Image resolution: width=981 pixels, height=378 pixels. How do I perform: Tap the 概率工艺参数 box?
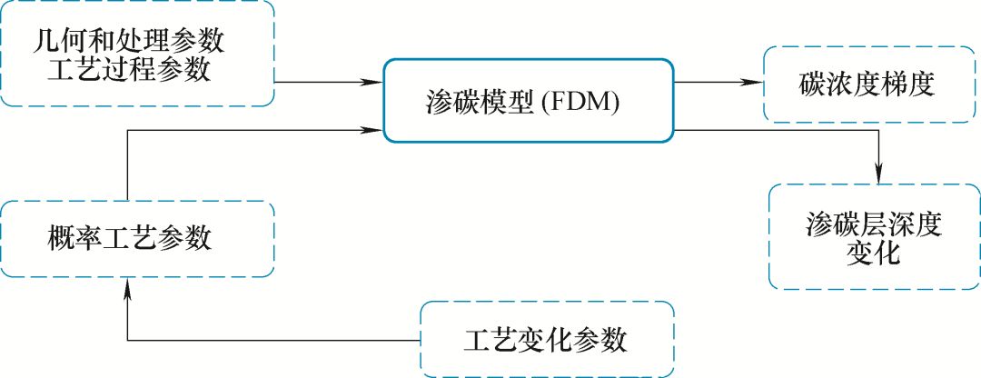[x=137, y=239]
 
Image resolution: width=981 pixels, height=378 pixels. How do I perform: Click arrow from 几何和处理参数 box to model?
[x=327, y=83]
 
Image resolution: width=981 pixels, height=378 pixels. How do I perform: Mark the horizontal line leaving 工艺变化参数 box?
[x=272, y=341]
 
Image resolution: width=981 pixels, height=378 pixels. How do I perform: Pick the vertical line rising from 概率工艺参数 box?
[x=127, y=164]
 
